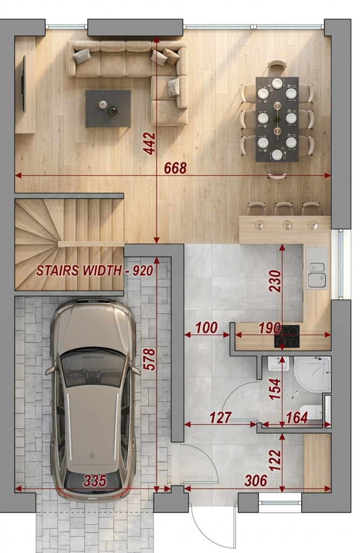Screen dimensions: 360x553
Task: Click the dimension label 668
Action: (x=175, y=168)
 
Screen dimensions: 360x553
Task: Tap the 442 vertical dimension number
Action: (x=149, y=143)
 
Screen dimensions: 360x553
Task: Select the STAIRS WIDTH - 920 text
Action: (x=94, y=271)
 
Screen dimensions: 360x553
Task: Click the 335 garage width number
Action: (x=95, y=480)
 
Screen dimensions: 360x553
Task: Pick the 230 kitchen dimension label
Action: (x=275, y=281)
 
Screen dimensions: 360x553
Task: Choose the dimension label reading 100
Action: (x=206, y=328)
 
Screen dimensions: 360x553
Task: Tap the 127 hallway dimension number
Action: (x=220, y=417)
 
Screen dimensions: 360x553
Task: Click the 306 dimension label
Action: (x=256, y=480)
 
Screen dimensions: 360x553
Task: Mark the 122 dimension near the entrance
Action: (x=275, y=460)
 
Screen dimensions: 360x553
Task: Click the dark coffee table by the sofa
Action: (x=108, y=108)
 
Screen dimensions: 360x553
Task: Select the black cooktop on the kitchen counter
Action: (x=287, y=336)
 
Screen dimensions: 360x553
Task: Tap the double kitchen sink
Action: (x=316, y=268)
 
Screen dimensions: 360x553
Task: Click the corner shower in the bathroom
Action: (x=313, y=375)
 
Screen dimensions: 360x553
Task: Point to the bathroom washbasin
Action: (x=279, y=363)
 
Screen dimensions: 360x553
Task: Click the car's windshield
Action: (x=93, y=367)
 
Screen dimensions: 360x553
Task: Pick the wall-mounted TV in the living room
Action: (x=24, y=84)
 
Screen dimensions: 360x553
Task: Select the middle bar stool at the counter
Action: (x=284, y=209)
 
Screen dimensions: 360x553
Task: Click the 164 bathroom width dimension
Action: (x=297, y=417)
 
